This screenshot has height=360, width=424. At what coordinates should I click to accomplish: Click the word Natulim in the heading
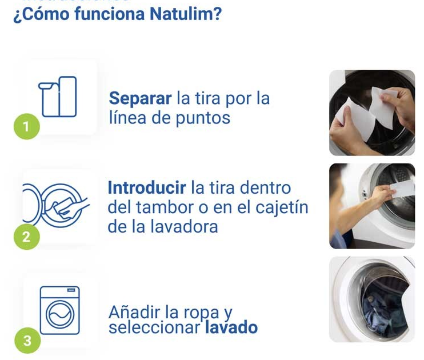coord(186,14)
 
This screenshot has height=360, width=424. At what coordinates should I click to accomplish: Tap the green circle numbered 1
coord(27,126)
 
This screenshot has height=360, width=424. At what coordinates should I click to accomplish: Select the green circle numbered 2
coord(27,237)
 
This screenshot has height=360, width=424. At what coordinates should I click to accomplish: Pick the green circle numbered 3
coord(27,341)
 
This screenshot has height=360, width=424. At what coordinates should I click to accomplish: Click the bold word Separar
coord(140,98)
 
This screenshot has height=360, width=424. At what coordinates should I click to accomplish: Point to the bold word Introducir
coord(147,187)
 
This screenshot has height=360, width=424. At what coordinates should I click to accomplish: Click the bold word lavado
coord(231,327)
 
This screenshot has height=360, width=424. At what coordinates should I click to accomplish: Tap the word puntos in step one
coord(203,118)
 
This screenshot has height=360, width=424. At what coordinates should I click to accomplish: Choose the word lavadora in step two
coord(184,227)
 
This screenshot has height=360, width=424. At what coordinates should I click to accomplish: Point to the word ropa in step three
coord(201,313)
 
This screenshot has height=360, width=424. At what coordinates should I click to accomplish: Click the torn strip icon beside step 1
coord(58,97)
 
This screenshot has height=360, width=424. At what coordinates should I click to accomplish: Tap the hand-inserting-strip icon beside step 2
coord(56,205)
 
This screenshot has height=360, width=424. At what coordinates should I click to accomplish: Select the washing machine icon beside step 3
coord(60,310)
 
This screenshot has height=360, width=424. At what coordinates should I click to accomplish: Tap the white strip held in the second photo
coord(402,189)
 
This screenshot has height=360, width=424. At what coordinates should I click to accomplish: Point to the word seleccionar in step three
coord(154,327)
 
